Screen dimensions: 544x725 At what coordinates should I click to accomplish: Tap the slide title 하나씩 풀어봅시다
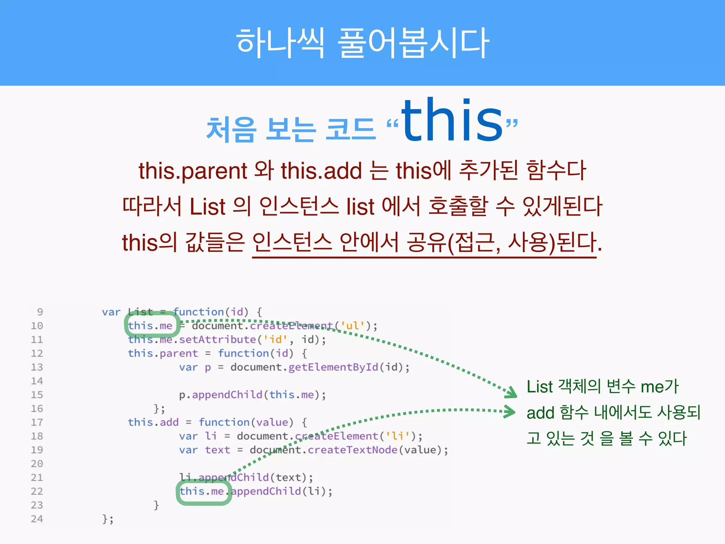362,43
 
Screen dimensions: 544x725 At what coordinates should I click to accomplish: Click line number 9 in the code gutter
40,312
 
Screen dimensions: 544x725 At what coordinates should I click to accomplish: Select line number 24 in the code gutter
37,519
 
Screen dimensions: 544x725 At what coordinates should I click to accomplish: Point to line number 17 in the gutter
37,422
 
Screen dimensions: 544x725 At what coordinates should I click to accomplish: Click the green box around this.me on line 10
152,325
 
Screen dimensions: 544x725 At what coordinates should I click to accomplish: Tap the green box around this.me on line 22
203,492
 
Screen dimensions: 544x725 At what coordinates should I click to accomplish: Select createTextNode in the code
352,450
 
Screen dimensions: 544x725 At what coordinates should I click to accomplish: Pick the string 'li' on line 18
398,436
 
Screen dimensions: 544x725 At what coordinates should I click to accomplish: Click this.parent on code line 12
163,353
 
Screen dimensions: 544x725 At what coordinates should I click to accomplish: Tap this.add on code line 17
153,423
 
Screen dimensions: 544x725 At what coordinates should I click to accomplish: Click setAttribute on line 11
217,340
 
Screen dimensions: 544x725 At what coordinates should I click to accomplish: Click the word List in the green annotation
540,387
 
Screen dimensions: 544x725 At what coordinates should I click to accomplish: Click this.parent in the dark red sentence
193,171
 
